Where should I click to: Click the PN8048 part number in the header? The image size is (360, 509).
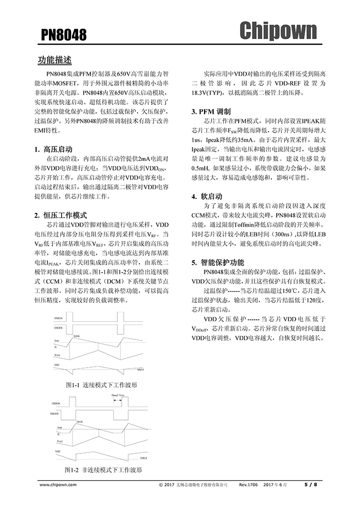click(x=64, y=34)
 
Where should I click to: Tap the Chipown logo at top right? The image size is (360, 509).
click(x=278, y=30)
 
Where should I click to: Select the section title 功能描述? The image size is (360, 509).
click(x=58, y=60)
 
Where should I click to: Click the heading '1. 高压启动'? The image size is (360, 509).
click(x=53, y=149)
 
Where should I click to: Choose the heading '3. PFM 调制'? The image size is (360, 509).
click(x=211, y=112)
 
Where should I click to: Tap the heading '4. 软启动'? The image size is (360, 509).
click(x=207, y=196)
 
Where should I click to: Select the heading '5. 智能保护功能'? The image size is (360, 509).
click(x=218, y=262)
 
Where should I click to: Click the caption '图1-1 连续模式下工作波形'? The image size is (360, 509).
click(x=101, y=385)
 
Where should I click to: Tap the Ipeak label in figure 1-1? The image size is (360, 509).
click(x=77, y=336)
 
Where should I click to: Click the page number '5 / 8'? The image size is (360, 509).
click(x=311, y=484)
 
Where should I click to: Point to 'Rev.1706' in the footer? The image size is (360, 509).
click(x=249, y=484)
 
